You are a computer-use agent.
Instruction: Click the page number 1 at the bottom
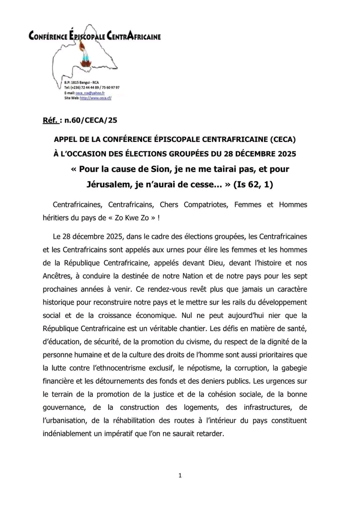[179, 475]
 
